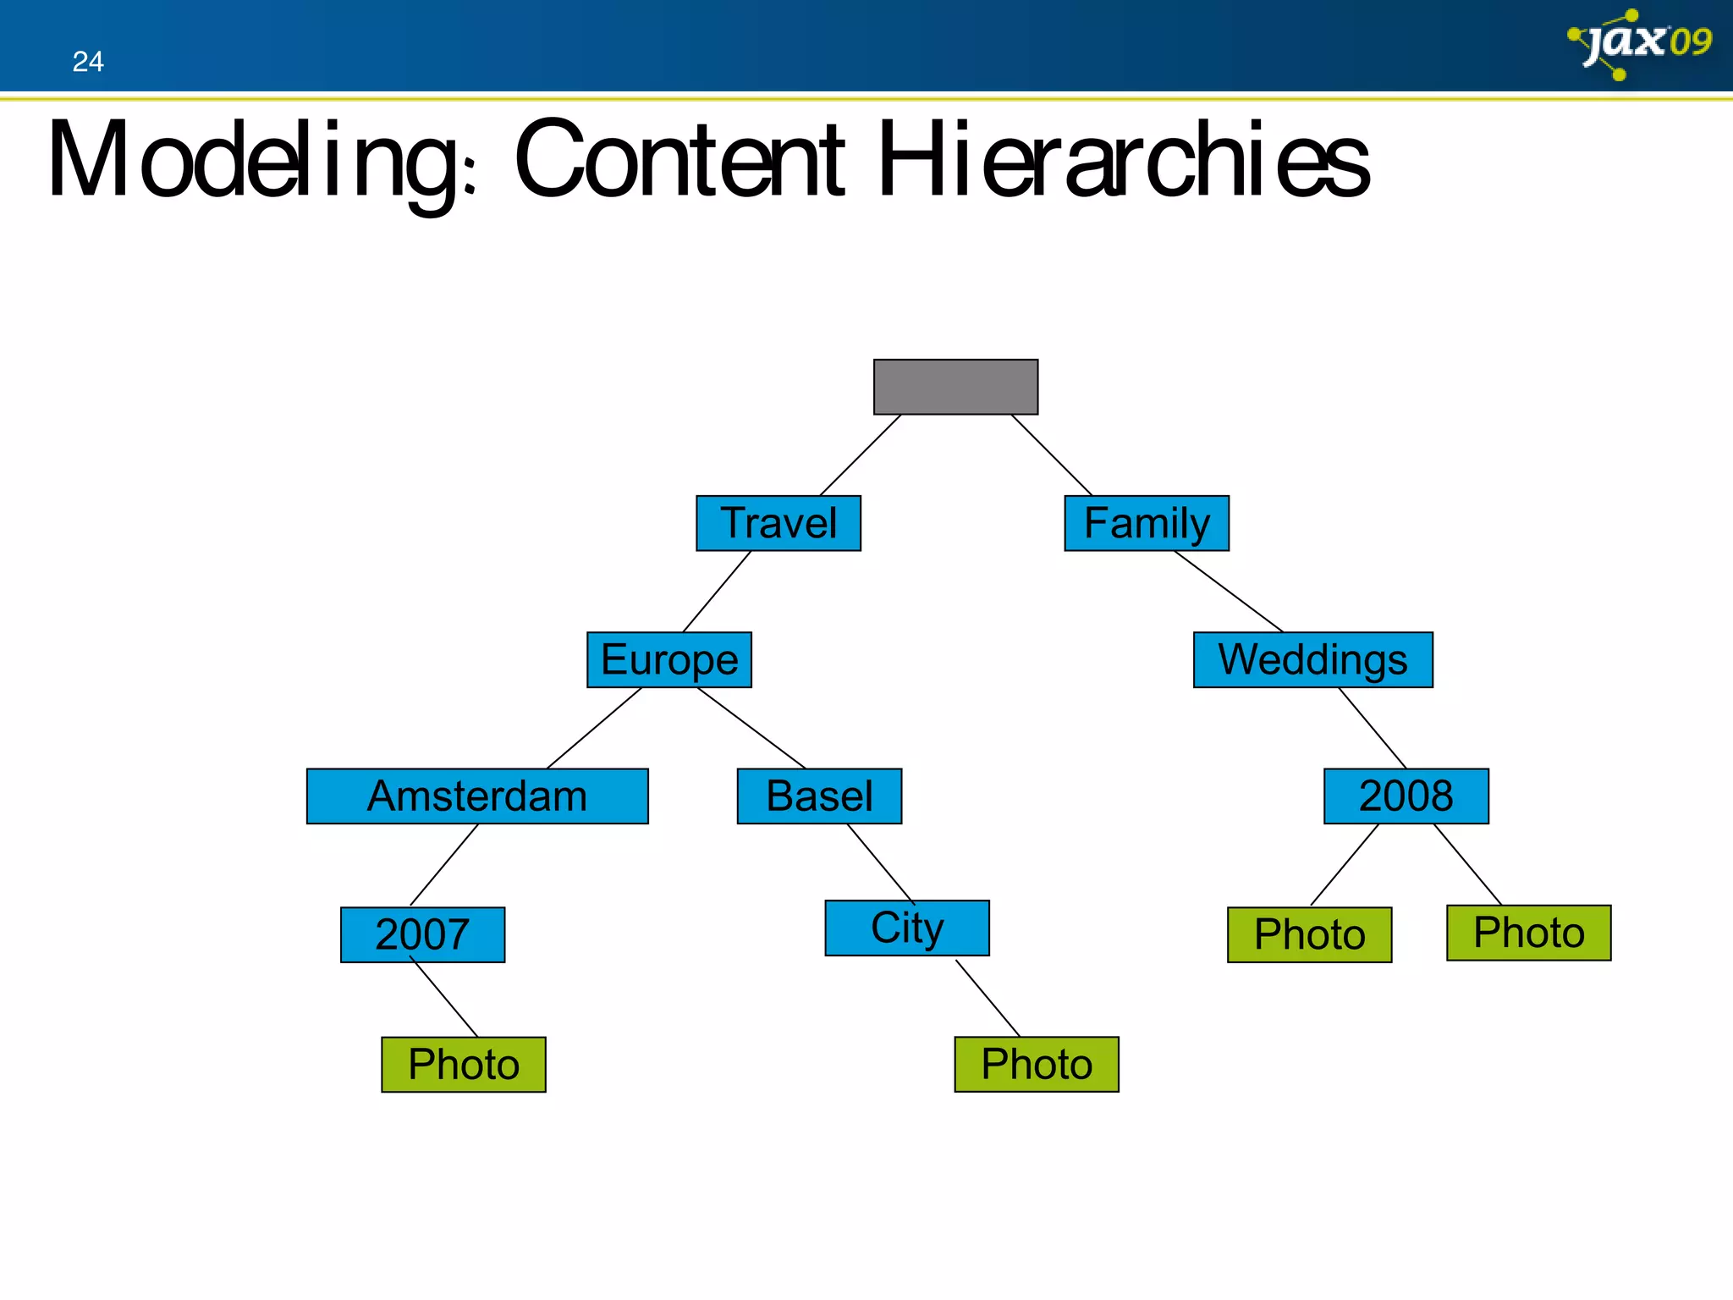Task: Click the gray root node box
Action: [x=955, y=387]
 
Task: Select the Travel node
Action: [x=778, y=523]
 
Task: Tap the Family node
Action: [x=1146, y=523]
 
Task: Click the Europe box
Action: [x=668, y=659]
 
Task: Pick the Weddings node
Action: [x=1312, y=659]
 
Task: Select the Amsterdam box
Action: [x=476, y=796]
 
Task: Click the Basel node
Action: [x=819, y=796]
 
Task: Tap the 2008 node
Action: [x=1406, y=796]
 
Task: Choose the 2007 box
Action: [x=422, y=934]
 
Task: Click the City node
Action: [x=907, y=928]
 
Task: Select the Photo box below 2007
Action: [x=463, y=1064]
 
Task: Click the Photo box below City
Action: [x=1036, y=1064]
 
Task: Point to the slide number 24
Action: [x=88, y=62]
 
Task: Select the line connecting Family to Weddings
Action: [x=1229, y=592]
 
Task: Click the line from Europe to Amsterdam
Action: [x=595, y=728]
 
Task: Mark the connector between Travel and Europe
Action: [x=717, y=592]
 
